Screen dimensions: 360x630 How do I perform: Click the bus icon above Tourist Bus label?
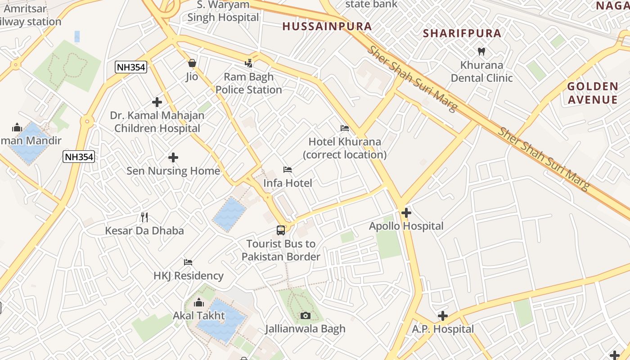click(281, 230)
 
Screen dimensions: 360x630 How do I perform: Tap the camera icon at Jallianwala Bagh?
click(306, 315)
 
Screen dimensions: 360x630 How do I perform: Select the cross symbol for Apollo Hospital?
click(406, 212)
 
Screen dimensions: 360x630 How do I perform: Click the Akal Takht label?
click(199, 315)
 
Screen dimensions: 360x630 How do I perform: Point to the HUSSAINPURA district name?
click(327, 27)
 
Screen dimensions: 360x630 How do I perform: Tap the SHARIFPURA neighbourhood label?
click(462, 33)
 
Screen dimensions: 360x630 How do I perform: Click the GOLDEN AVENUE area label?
click(592, 93)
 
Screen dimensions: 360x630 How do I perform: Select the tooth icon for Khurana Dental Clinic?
click(481, 51)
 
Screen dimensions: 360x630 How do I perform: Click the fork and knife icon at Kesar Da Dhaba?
click(144, 217)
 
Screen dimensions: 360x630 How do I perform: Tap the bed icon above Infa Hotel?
click(288, 170)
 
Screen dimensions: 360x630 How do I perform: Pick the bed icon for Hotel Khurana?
click(345, 128)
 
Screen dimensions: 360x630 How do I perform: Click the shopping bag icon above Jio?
click(192, 63)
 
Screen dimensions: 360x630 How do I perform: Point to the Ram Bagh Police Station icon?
click(249, 63)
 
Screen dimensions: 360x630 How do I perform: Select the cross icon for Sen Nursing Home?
click(173, 157)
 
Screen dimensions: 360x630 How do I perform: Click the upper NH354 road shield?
click(131, 67)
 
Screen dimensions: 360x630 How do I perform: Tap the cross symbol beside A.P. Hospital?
click(443, 316)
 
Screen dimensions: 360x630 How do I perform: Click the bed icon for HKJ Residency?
click(188, 262)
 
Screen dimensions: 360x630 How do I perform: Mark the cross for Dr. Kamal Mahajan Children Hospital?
click(157, 102)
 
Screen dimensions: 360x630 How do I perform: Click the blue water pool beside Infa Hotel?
click(229, 214)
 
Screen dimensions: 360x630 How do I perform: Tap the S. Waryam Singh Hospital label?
click(224, 11)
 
